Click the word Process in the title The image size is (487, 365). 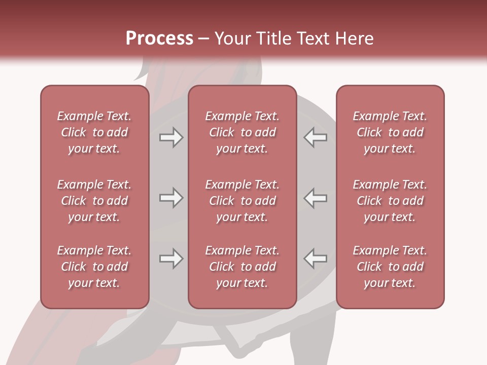159,39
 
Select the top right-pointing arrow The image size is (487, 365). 171,137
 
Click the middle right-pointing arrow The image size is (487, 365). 171,198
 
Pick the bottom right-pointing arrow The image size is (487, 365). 171,259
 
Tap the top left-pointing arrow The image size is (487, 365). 316,137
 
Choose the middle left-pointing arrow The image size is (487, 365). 316,198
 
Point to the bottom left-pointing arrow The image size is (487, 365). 316,259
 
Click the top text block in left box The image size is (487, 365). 94,132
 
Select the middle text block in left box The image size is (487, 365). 94,201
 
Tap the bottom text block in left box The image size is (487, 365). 94,267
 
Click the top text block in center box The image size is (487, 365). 242,132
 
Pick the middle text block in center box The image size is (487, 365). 242,201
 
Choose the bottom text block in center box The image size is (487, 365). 242,267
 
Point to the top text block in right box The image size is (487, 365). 390,132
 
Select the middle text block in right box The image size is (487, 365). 390,201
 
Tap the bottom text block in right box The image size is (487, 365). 390,267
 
